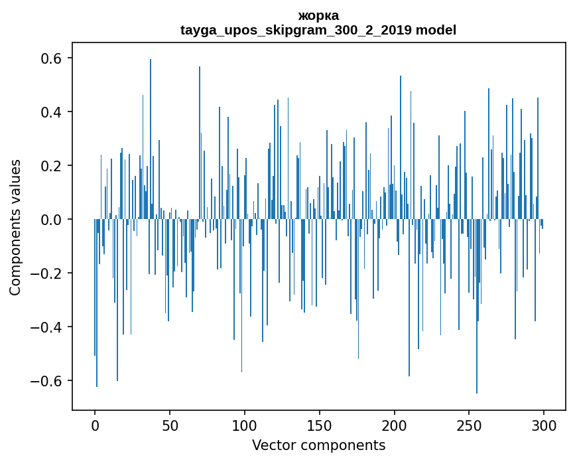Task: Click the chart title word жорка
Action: [318, 15]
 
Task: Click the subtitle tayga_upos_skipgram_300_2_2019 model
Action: [318, 30]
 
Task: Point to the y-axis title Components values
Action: [15, 227]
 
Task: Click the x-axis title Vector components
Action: [318, 445]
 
